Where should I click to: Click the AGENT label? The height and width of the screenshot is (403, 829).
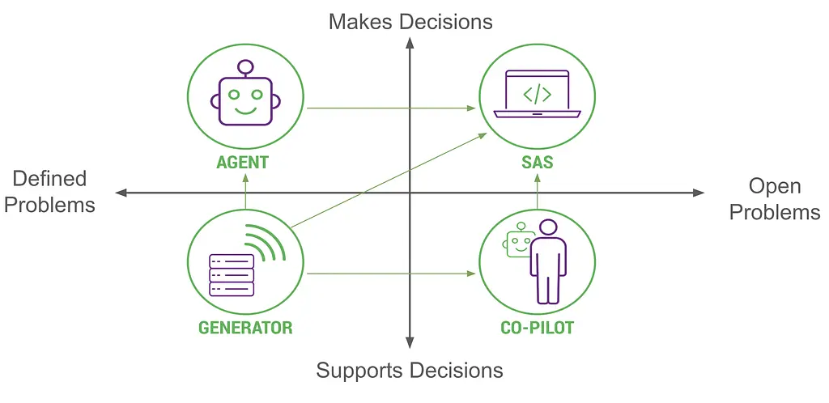click(242, 162)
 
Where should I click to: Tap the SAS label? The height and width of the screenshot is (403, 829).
click(538, 162)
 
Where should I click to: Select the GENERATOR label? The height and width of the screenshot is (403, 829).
click(245, 328)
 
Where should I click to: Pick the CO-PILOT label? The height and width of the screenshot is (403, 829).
click(538, 328)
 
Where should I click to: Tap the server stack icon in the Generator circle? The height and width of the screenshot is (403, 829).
click(232, 275)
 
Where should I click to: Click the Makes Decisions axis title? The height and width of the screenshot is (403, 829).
click(410, 21)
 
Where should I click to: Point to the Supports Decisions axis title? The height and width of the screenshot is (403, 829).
click(410, 371)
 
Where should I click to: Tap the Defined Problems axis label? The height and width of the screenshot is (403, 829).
click(49, 192)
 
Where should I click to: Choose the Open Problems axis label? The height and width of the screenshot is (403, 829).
click(775, 199)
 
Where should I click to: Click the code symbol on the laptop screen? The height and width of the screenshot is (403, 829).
click(537, 94)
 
